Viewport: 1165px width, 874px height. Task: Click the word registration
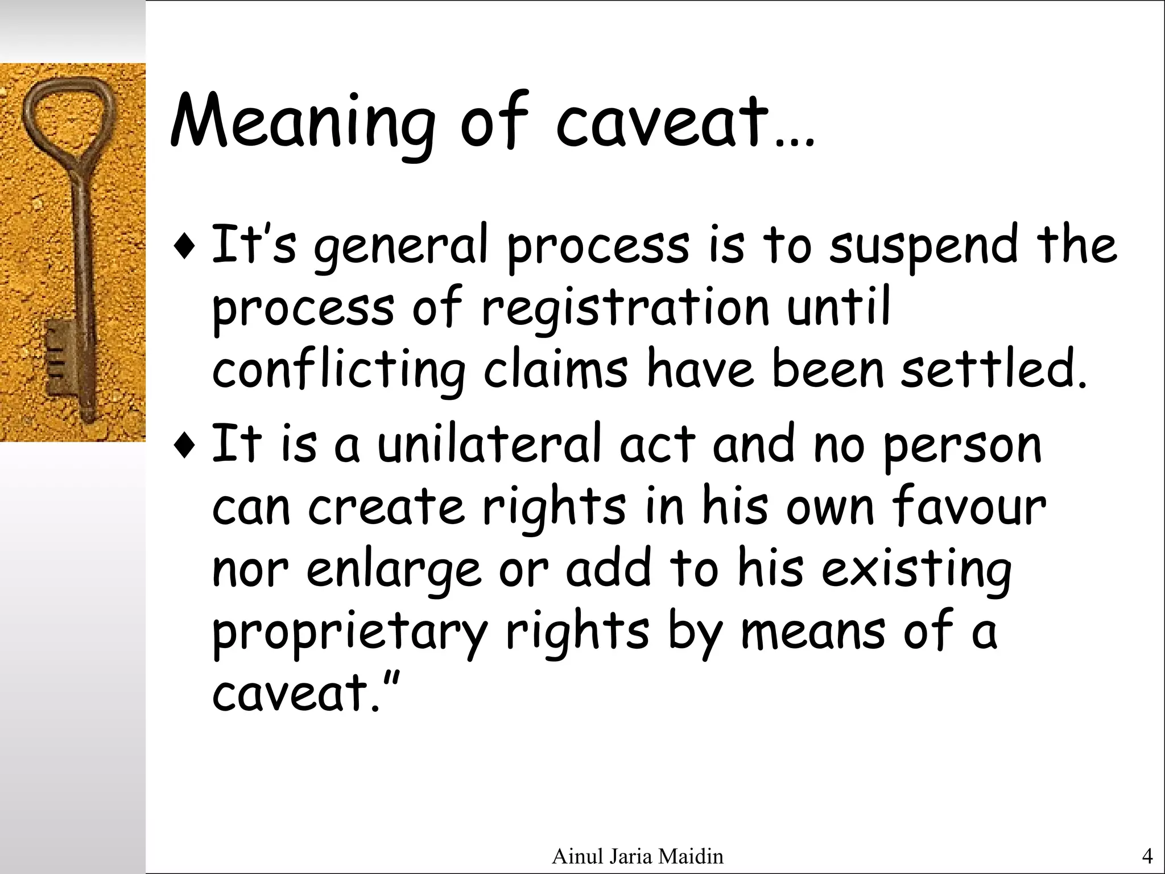[x=626, y=310]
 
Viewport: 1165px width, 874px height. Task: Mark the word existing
[x=916, y=569]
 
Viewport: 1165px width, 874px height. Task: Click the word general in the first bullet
[x=401, y=248]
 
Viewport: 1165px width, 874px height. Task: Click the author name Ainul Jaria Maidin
[x=637, y=856]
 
